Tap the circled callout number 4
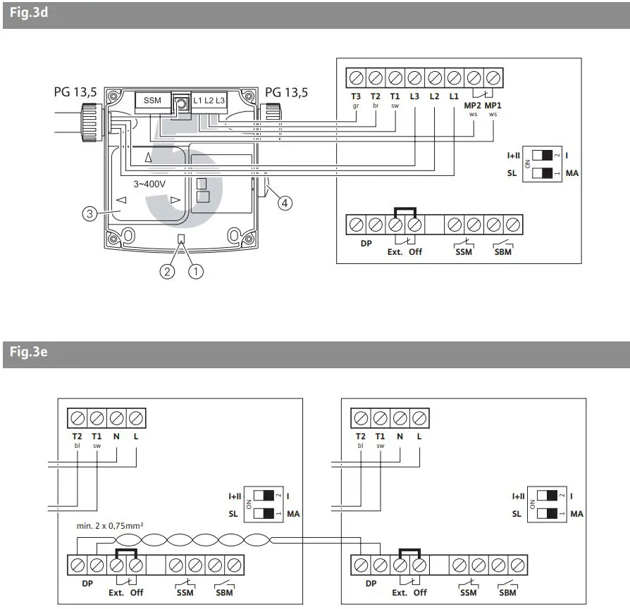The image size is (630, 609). pyautogui.click(x=284, y=203)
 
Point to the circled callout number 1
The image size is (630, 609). pyautogui.click(x=195, y=270)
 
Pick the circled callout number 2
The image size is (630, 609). pyautogui.click(x=166, y=270)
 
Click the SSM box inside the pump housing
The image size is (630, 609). pyautogui.click(x=152, y=101)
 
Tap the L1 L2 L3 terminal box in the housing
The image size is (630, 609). pyautogui.click(x=209, y=101)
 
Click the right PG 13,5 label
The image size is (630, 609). pyautogui.click(x=286, y=92)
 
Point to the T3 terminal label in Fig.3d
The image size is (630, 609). pyautogui.click(x=356, y=97)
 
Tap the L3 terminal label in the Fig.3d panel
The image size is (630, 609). pyautogui.click(x=414, y=97)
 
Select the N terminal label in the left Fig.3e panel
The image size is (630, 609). pyautogui.click(x=117, y=436)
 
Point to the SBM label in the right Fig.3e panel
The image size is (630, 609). pyautogui.click(x=507, y=592)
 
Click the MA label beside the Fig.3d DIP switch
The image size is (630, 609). pyautogui.click(x=572, y=172)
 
